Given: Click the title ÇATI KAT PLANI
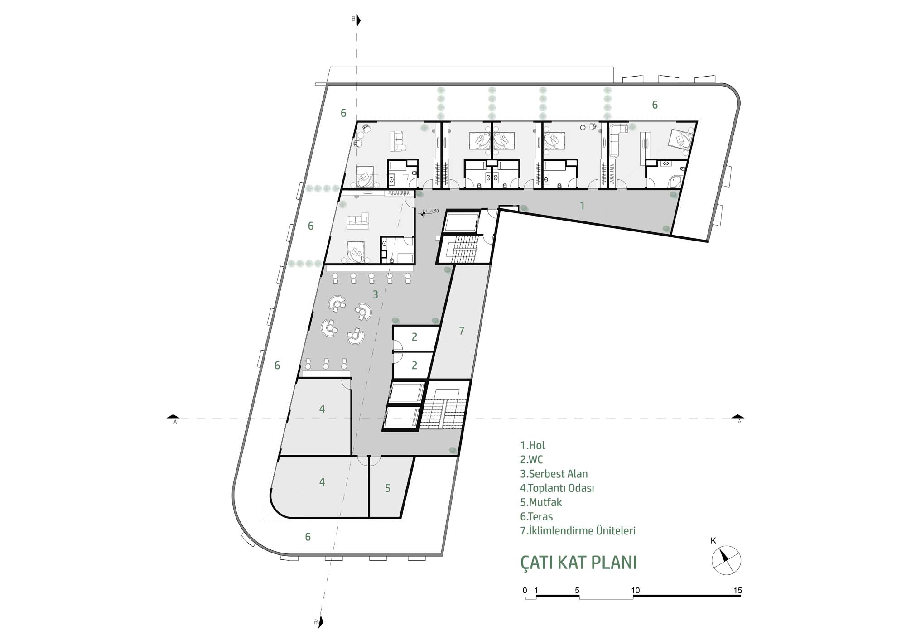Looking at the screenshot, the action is click(578, 562).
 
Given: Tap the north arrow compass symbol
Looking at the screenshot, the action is click(726, 560).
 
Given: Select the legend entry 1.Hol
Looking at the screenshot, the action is click(532, 445).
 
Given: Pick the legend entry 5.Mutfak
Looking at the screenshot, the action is click(541, 502).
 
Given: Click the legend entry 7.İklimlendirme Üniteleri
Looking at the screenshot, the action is click(578, 530).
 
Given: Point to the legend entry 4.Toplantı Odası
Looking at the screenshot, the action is click(557, 488).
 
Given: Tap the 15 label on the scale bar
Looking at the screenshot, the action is click(737, 590).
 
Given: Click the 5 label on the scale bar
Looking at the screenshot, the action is click(577, 590).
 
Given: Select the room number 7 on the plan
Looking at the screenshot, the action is click(462, 331).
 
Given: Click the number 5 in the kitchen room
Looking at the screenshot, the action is click(388, 488).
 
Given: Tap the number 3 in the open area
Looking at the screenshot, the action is click(375, 295).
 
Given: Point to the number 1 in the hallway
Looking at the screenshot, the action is click(582, 206).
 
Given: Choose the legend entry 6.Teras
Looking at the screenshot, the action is click(536, 516).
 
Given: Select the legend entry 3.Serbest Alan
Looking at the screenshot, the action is click(554, 474).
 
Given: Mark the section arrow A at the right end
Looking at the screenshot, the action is click(738, 417).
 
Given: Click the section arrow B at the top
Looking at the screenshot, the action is click(358, 20).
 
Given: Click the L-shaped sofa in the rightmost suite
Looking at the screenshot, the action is click(617, 140).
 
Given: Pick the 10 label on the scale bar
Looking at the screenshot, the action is click(635, 590).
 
